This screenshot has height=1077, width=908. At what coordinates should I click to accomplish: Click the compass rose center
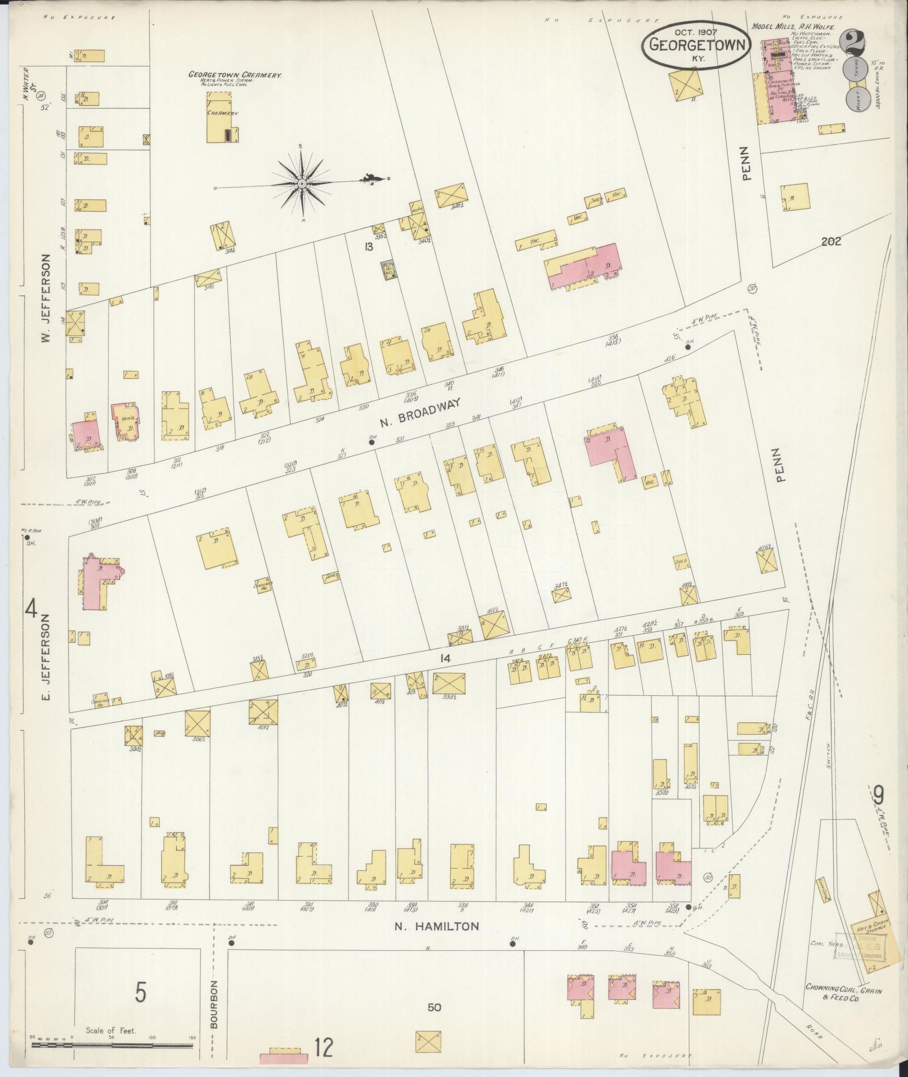pos(302,184)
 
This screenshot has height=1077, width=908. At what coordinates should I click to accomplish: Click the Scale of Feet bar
pos(113,1045)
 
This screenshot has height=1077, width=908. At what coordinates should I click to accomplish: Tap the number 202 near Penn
pos(831,242)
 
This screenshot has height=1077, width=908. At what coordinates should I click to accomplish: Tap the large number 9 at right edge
pos(878,797)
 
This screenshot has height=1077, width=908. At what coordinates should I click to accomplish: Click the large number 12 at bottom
pos(324,1048)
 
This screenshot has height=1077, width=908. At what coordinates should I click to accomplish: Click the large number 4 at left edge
pos(32,609)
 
